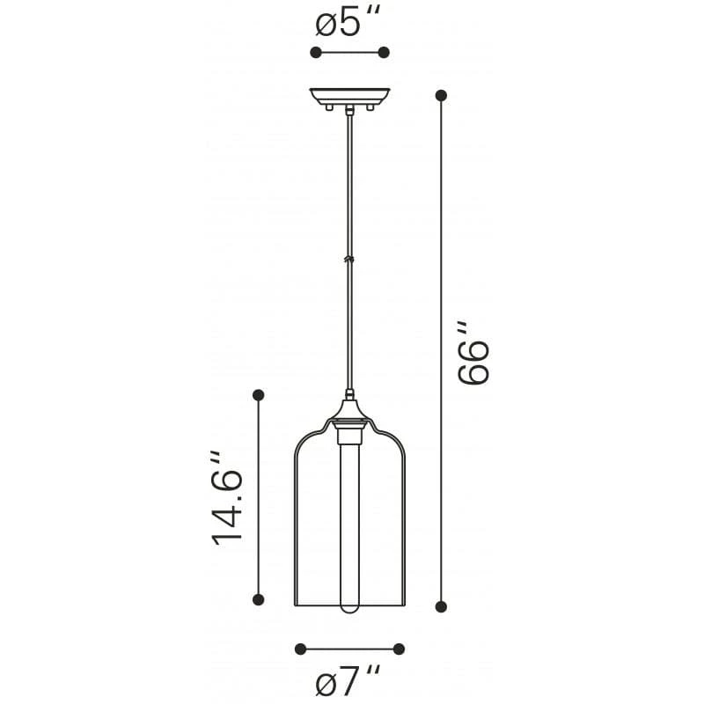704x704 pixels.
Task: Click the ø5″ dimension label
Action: [349, 23]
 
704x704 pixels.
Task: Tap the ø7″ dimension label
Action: [349, 680]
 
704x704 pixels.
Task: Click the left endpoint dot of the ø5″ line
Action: [315, 53]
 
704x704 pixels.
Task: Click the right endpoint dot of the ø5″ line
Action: [384, 53]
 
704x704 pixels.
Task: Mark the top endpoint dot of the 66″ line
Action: [441, 95]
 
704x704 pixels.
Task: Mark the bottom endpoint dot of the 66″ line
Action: [441, 605]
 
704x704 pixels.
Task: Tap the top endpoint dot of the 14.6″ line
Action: [258, 396]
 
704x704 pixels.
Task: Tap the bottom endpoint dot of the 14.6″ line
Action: [258, 599]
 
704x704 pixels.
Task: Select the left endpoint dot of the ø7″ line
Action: [300, 649]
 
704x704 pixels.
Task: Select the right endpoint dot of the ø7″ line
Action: [399, 649]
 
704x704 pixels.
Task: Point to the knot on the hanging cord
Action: [349, 259]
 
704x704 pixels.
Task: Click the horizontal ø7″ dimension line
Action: [349, 649]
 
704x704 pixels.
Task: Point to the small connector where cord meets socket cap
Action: [349, 395]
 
